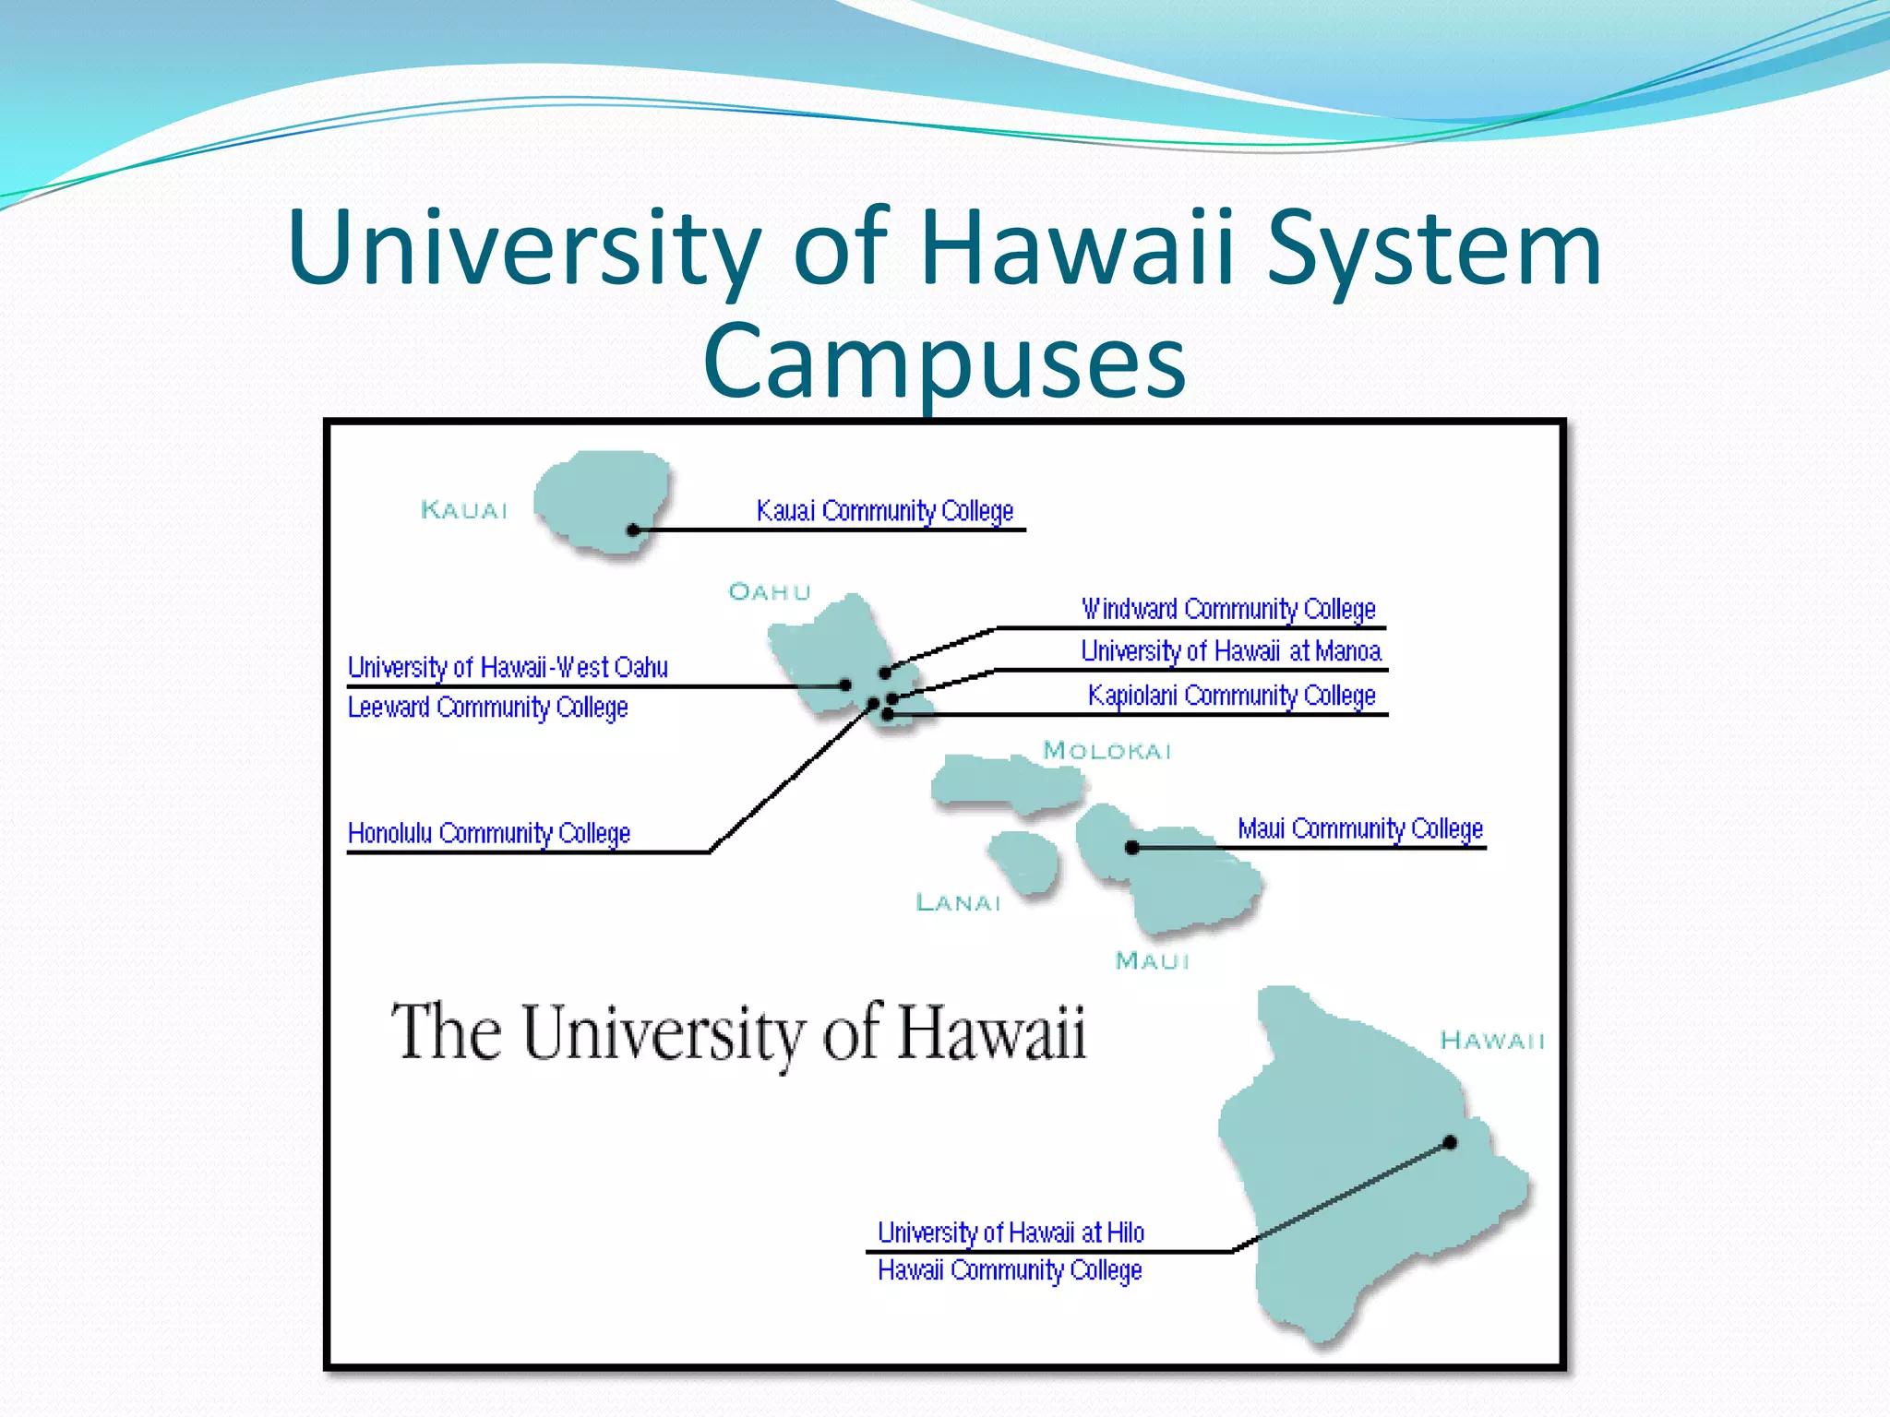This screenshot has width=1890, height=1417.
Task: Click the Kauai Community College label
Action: [884, 511]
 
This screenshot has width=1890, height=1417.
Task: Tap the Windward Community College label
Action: [1228, 610]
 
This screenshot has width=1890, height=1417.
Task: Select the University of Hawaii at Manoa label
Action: [1231, 651]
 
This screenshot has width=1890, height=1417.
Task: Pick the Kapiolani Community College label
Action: [1231, 695]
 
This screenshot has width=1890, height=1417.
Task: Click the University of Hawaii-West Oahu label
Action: [508, 667]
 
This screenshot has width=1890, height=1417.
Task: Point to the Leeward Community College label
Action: [487, 708]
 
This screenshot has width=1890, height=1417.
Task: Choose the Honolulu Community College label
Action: [488, 833]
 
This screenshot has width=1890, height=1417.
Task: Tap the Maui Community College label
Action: [1360, 828]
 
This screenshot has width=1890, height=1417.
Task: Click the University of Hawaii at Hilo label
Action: [1011, 1232]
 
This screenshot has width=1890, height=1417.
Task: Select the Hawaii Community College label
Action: [1010, 1270]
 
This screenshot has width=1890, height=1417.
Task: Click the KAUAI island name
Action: [464, 510]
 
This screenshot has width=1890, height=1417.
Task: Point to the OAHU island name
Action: [770, 591]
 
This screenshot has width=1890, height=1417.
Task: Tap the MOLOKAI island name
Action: [1106, 751]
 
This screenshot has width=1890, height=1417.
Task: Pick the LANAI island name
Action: [958, 902]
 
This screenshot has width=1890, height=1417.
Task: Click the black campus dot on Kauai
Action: [633, 530]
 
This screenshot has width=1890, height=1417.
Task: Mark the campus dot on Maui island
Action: [1132, 847]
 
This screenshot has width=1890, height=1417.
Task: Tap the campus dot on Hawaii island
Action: [1450, 1142]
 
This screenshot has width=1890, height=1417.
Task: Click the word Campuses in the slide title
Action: [944, 362]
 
